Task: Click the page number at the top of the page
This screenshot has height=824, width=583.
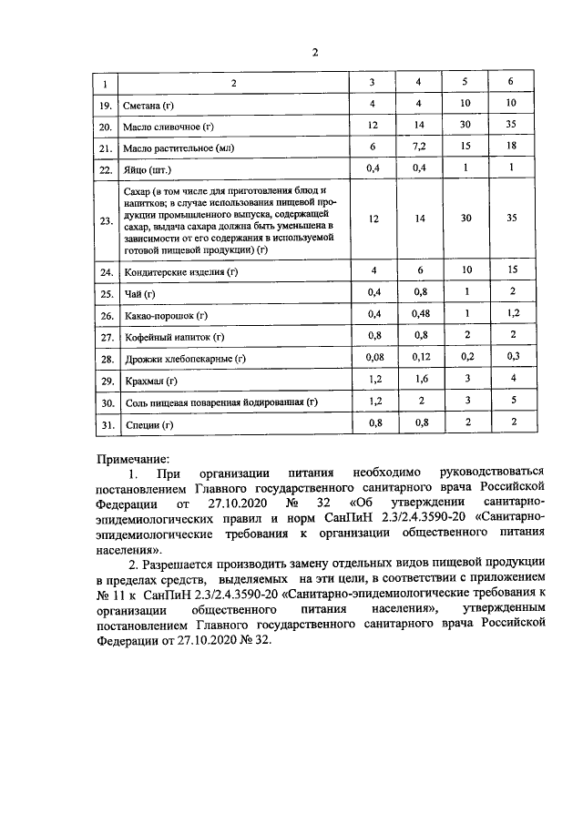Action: [x=314, y=52]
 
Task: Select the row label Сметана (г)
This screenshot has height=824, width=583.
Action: [x=149, y=107]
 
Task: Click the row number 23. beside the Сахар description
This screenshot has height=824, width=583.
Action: [x=106, y=220]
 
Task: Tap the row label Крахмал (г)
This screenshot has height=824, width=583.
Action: [x=149, y=381]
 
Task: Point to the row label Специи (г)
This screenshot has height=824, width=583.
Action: [x=146, y=423]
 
